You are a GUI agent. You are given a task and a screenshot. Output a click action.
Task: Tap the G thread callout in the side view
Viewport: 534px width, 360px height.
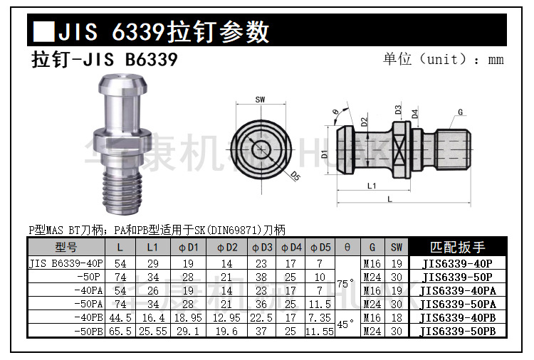[x=461, y=112]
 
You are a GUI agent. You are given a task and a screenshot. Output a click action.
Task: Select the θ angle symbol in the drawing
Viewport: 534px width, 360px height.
[x=335, y=112]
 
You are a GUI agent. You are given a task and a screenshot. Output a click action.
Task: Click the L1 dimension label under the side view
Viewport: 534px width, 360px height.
[x=372, y=186]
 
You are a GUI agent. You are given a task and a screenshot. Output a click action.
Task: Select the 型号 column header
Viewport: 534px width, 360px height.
[x=66, y=248]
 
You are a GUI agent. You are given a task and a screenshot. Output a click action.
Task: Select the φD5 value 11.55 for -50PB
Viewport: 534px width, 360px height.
[x=319, y=332]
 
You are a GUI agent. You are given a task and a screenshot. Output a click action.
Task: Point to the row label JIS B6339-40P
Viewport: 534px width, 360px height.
[x=66, y=263]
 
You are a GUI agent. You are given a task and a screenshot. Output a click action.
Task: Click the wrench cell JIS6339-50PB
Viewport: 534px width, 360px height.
[x=458, y=332]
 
